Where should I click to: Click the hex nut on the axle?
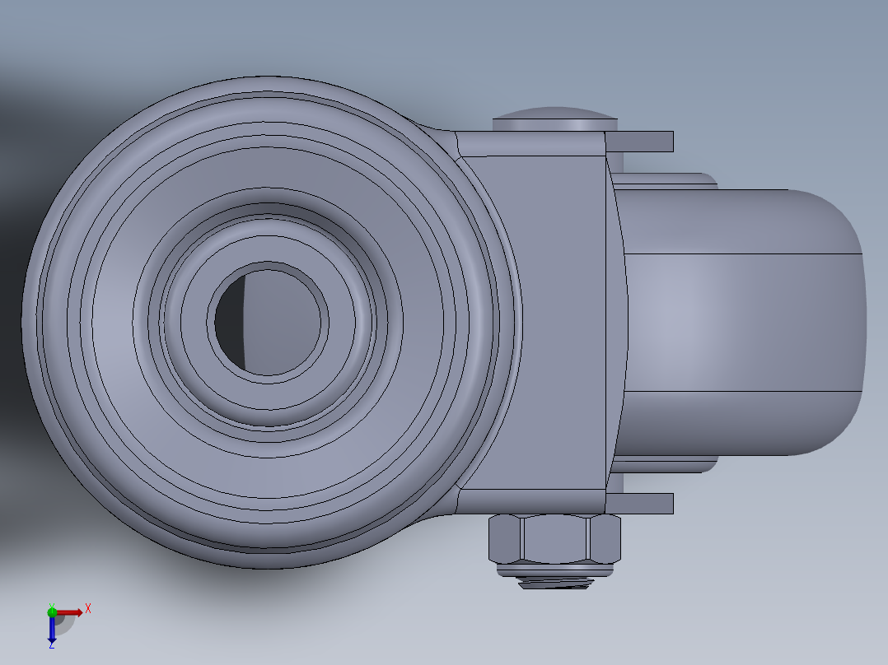(x=554, y=538)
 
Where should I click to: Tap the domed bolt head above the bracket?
(x=554, y=119)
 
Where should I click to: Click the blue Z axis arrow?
(x=51, y=630)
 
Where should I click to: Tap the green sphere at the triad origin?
(x=52, y=612)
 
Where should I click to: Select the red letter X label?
(x=88, y=608)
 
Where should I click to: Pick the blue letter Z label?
(x=51, y=646)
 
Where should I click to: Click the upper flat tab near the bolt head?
(x=641, y=142)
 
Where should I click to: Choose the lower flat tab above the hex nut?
(x=641, y=503)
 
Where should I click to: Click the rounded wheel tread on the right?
(x=741, y=321)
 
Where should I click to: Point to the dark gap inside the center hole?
(x=231, y=322)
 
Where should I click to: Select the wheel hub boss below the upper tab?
(x=663, y=181)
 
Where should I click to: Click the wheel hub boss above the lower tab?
(x=663, y=465)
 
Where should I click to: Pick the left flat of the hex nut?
(x=505, y=538)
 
